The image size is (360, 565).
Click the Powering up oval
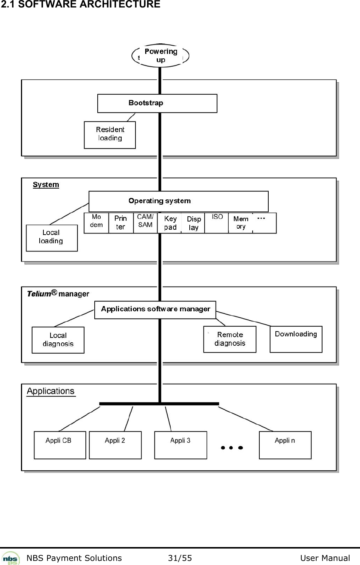tap(161, 55)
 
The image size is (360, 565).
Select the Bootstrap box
tap(157, 103)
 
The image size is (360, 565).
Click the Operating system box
tap(178, 201)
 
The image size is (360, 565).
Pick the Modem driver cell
tap(96, 223)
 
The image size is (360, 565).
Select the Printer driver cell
tap(120, 223)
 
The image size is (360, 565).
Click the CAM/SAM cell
tap(145, 223)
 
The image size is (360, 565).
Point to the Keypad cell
tap(170, 223)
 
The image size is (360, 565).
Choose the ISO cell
tap(217, 223)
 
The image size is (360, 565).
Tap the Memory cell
tap(241, 223)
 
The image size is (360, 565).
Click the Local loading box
tap(52, 238)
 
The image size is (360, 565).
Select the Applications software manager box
tap(155, 309)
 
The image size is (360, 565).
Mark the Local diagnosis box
tap(58, 340)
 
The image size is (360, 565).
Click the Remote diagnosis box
tap(230, 339)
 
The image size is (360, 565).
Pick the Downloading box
tap(296, 339)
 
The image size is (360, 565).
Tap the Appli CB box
tap(60, 445)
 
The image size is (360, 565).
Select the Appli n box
tap(285, 445)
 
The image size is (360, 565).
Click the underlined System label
tap(46, 184)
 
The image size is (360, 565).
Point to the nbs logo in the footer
tap(11, 558)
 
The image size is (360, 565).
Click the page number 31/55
tap(180, 558)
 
